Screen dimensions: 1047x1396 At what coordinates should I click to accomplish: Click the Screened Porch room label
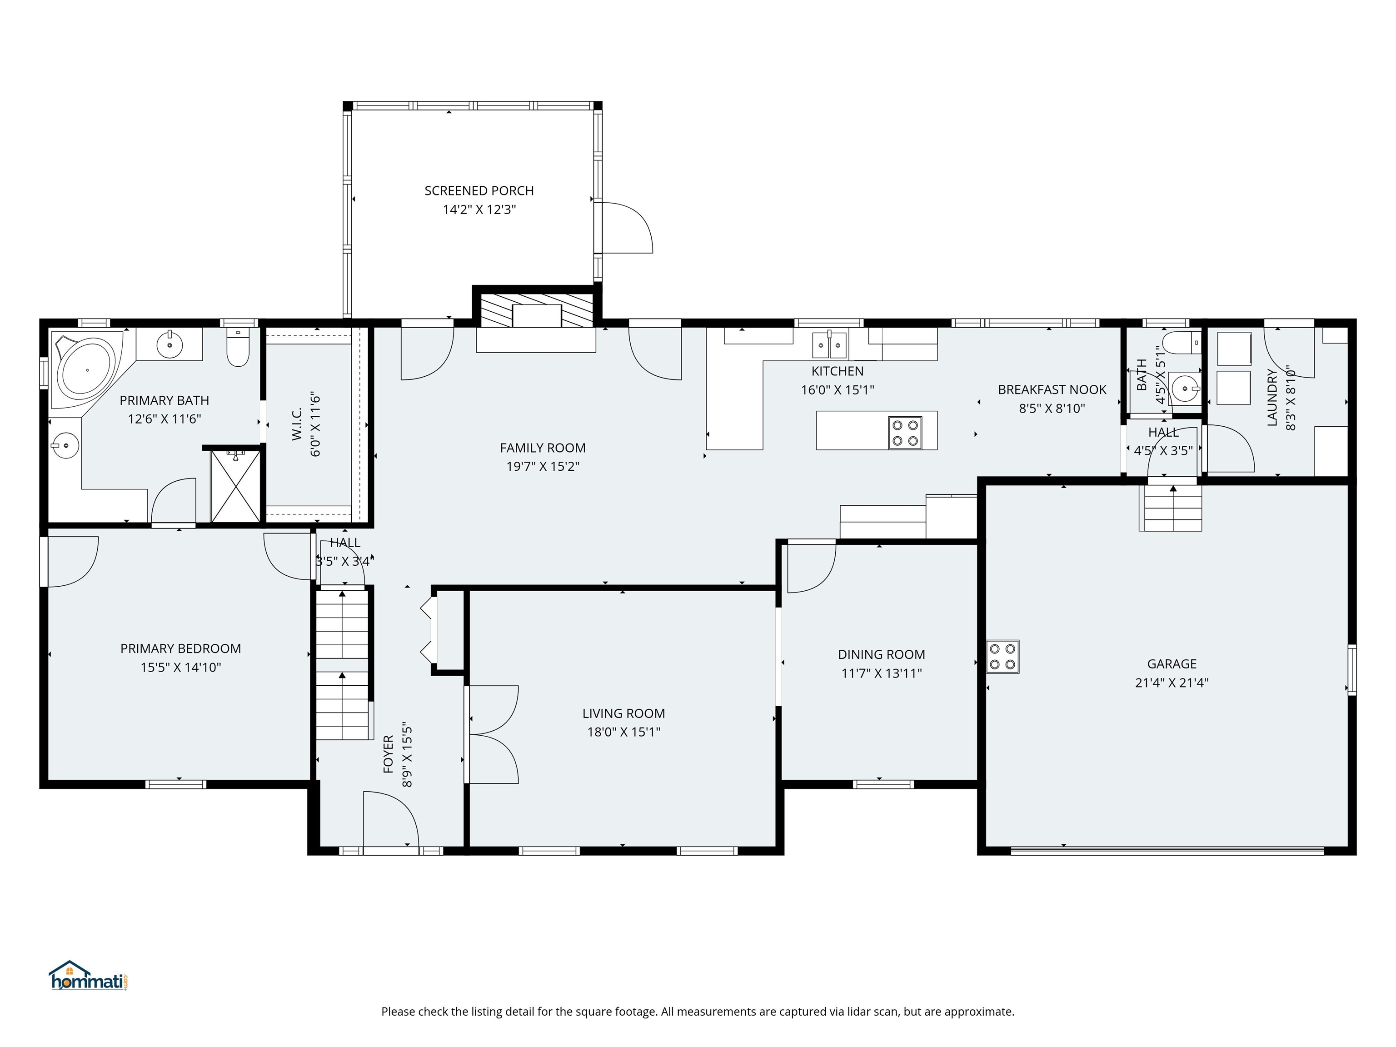point(479,190)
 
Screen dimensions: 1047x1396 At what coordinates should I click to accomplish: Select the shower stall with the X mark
point(235,486)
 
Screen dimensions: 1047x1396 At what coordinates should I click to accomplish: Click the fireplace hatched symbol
point(536,310)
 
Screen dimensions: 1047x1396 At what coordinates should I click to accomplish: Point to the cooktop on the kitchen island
point(905,432)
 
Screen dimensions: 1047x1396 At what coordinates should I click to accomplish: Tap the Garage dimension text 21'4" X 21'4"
point(1172,682)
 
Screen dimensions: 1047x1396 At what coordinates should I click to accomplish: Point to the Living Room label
point(623,713)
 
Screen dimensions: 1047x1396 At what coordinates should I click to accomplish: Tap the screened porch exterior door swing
point(626,228)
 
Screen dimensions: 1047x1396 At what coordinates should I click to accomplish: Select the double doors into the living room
point(492,735)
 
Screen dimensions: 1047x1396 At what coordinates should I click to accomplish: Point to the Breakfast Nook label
point(1052,389)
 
